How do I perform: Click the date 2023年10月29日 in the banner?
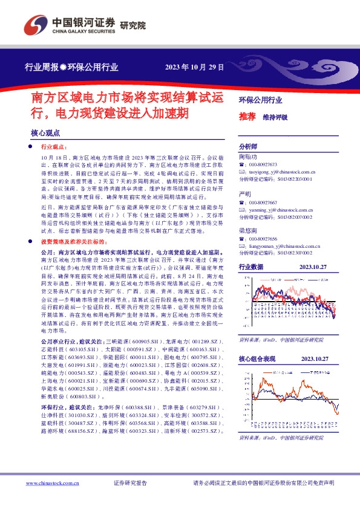point(194,67)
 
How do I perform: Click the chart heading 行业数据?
point(251,267)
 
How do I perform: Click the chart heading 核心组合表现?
point(257,359)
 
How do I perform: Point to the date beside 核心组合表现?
point(313,359)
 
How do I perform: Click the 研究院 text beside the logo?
point(133,25)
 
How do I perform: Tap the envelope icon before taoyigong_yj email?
point(242,172)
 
